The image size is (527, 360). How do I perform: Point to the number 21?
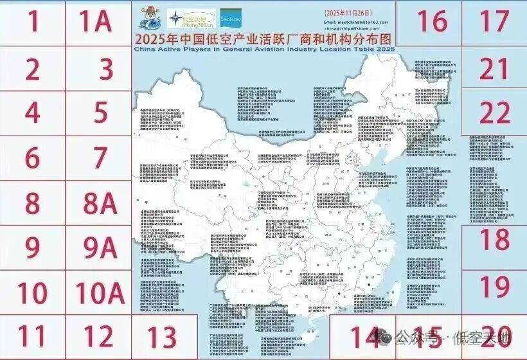494,67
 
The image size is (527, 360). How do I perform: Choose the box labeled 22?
494,114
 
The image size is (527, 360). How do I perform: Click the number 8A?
100,204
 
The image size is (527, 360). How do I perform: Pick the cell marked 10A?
100,292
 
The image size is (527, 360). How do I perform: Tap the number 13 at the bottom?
157,336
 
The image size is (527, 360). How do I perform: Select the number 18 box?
494,240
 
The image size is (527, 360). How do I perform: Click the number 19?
494,284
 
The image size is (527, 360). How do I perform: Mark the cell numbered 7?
100,157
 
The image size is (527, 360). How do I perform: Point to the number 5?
100,113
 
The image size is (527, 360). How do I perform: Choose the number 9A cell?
100,248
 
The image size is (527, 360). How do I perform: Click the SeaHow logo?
229,19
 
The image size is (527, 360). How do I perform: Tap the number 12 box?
100,336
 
